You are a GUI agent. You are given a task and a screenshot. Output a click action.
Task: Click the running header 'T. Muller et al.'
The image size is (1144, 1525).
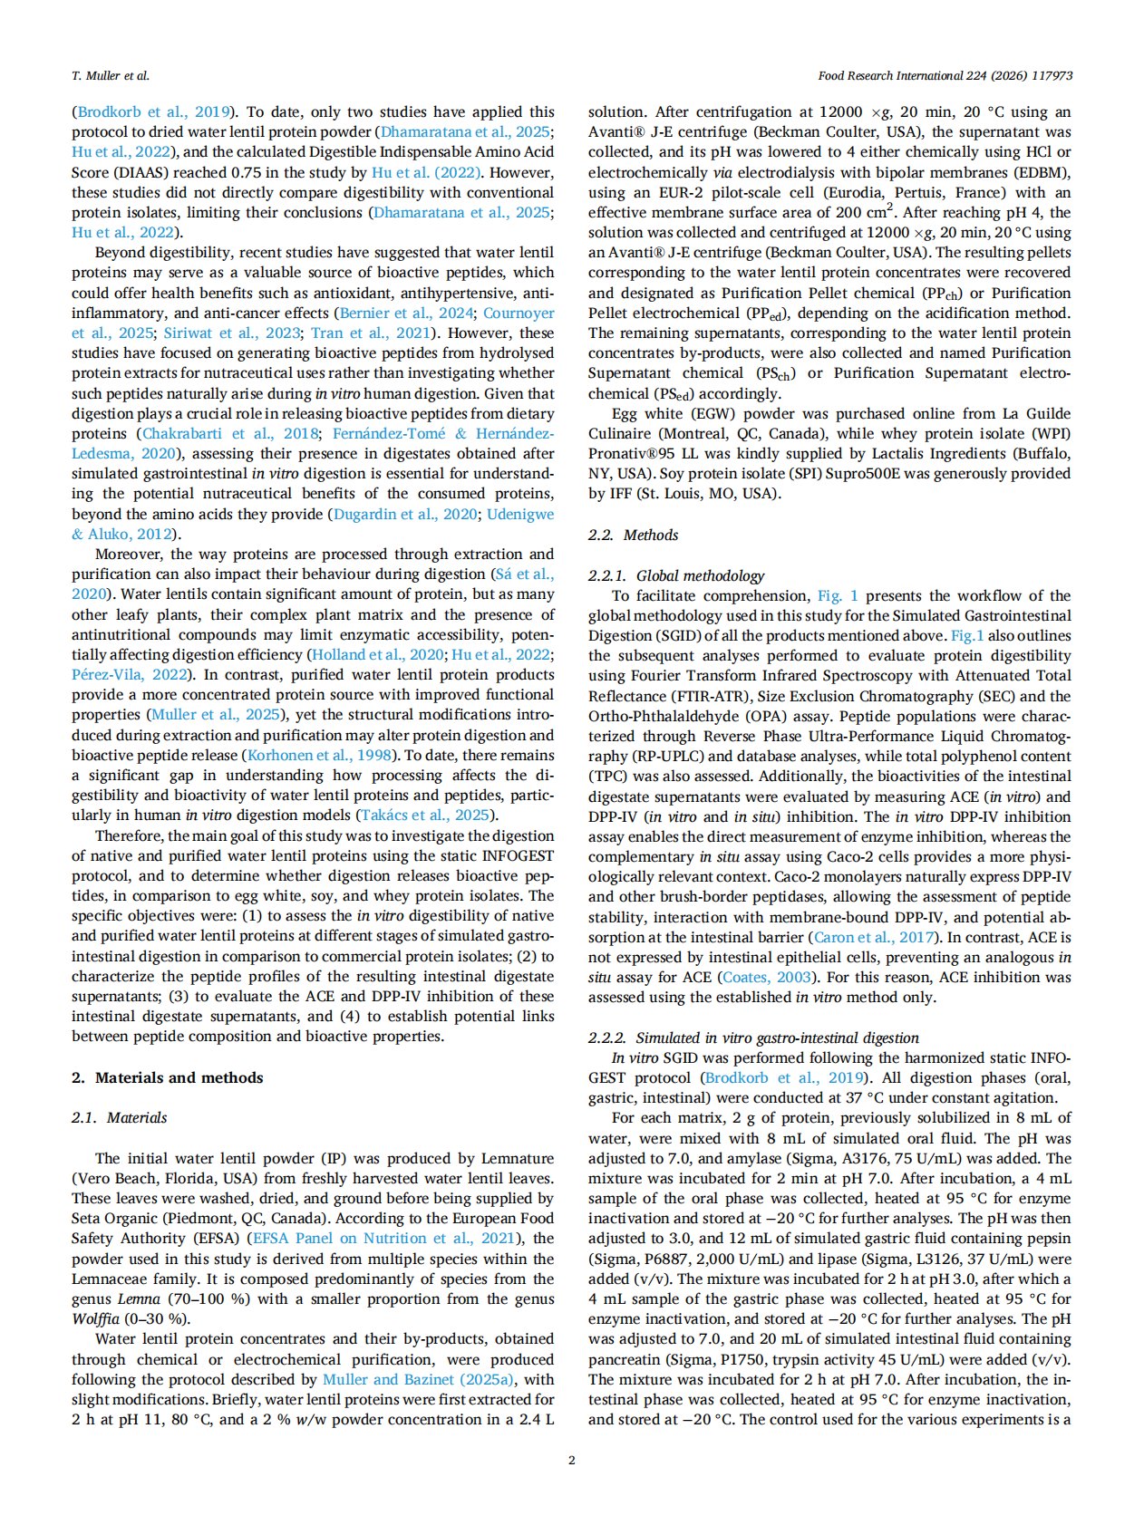click(x=111, y=75)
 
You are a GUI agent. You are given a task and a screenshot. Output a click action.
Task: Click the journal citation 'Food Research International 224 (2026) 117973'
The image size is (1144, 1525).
click(x=945, y=75)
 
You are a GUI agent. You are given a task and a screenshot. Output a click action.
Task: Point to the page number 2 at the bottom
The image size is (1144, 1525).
click(x=571, y=1459)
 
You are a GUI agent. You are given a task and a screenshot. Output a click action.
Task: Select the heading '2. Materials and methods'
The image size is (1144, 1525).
click(x=168, y=1077)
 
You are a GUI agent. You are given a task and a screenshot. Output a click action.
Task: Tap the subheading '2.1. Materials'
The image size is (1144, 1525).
click(x=120, y=1117)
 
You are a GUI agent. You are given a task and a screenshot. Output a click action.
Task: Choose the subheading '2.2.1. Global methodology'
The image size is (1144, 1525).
click(x=676, y=575)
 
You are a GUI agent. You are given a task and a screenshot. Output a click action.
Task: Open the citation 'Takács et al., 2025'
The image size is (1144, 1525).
click(x=426, y=815)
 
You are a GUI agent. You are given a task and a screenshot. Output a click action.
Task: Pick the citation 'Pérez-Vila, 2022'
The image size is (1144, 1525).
click(x=130, y=674)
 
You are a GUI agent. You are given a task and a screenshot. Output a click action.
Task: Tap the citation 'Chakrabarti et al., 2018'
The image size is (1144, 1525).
click(x=231, y=433)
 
